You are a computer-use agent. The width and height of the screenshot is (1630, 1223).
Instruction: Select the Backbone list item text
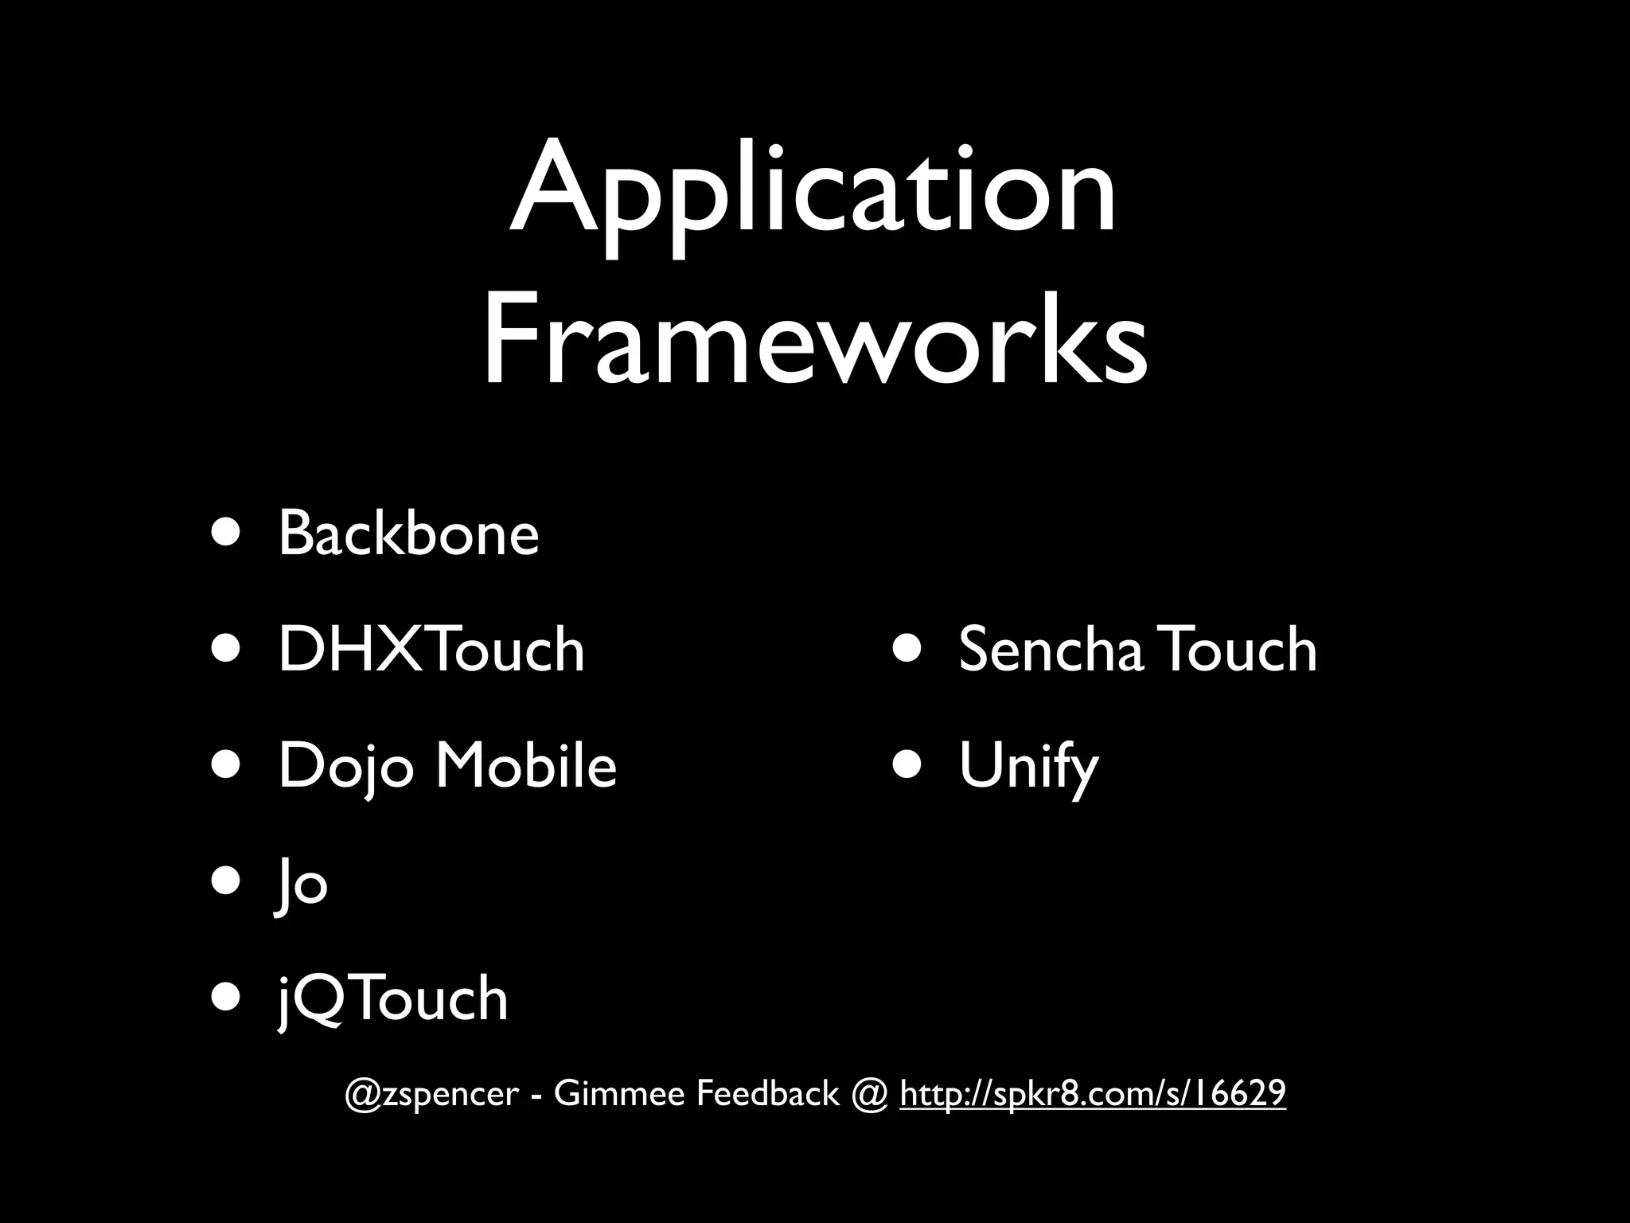click(x=408, y=533)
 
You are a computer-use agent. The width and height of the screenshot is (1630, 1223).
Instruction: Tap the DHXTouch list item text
click(x=431, y=650)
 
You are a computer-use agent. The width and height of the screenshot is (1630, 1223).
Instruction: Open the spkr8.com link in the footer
click(x=1092, y=1094)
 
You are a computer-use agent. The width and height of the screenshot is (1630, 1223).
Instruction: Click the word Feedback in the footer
click(x=768, y=1094)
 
